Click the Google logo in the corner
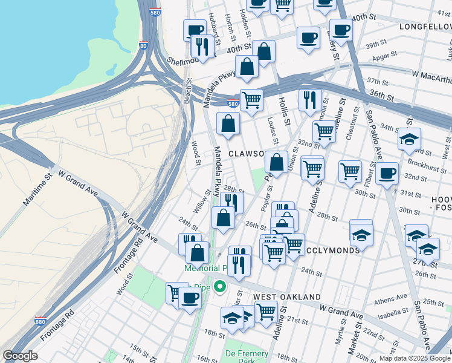[x=20, y=356]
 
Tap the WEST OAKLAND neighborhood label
[x=286, y=297]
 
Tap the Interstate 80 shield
[x=143, y=45]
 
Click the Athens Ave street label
[x=390, y=298]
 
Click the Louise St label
[x=273, y=131]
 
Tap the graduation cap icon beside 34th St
[x=409, y=140]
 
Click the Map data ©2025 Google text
[x=415, y=358]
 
